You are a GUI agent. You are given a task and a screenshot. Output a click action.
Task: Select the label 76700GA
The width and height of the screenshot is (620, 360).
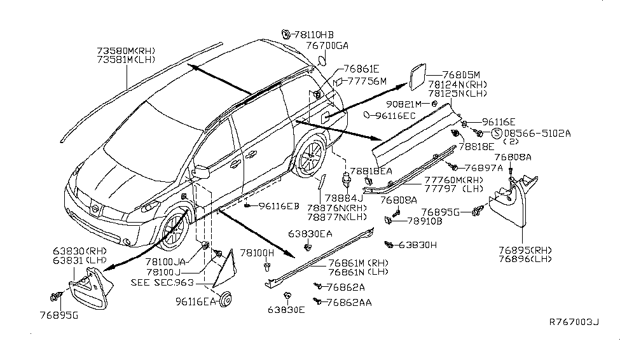tap(327, 45)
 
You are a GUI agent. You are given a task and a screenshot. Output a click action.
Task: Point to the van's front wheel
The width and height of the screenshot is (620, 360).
tap(172, 230)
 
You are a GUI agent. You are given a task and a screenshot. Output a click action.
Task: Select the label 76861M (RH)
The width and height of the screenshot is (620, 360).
tap(358, 262)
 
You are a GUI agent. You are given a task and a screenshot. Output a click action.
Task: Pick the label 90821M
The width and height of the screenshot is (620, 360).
tap(402, 104)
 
